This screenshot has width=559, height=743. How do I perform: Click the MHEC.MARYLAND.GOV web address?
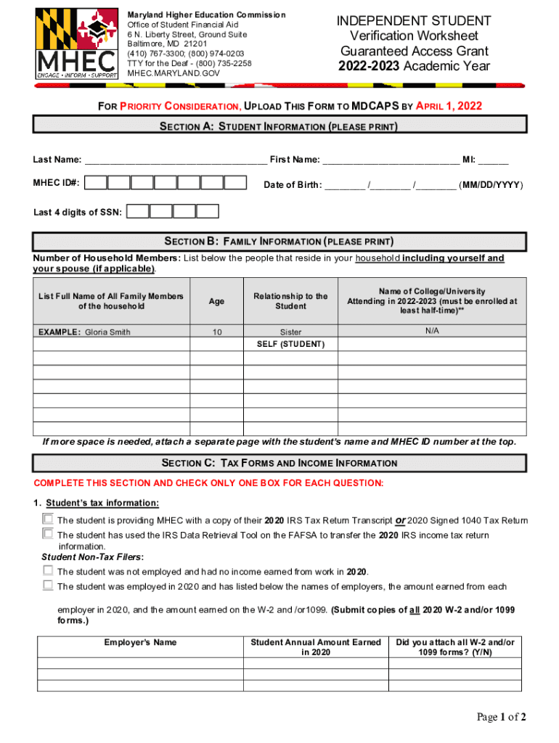click(x=173, y=73)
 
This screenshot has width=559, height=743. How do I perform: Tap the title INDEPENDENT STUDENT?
click(x=414, y=21)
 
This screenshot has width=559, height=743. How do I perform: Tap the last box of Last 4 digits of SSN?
click(x=208, y=212)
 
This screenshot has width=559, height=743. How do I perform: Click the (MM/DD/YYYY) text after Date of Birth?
click(x=491, y=185)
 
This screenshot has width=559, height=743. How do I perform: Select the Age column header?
click(x=216, y=301)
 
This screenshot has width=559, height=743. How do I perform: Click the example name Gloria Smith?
click(x=108, y=332)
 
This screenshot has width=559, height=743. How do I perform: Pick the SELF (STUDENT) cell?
click(x=290, y=344)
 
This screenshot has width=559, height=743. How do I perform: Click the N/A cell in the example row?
click(x=432, y=331)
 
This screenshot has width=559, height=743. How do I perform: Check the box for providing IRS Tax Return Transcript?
click(x=48, y=520)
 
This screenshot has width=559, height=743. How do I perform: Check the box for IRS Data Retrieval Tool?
click(x=48, y=535)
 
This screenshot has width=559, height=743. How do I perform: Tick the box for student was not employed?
click(x=48, y=571)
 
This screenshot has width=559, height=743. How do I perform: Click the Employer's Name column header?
click(x=140, y=643)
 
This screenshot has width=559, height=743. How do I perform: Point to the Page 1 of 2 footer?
click(x=501, y=718)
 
